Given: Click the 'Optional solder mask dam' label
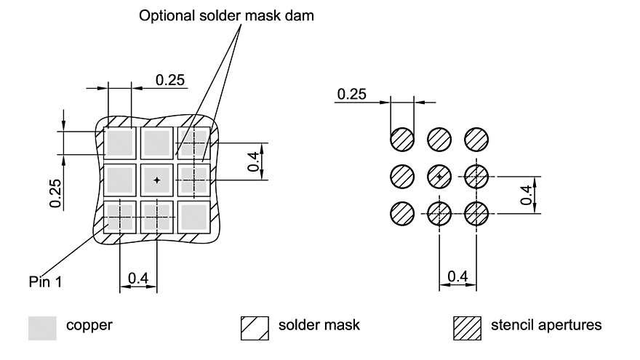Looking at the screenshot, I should tap(227, 15).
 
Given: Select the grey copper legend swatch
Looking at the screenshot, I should tap(42, 328).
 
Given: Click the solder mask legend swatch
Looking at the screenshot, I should tap(250, 328).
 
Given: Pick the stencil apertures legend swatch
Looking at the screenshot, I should tap(467, 328).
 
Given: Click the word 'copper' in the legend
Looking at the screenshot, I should tap(89, 325).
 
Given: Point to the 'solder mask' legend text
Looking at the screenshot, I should tap(319, 325).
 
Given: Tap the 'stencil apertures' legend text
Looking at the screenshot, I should tap(546, 325).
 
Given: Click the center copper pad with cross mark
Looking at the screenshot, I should tap(156, 179).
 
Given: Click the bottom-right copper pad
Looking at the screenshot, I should tap(193, 216).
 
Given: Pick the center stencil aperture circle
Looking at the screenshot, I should tap(439, 176).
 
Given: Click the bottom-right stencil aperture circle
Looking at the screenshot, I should tap(476, 213).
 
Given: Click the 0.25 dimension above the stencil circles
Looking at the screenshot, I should tap(351, 94).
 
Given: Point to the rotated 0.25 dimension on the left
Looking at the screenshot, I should tap(55, 193).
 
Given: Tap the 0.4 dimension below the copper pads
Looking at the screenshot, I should tap(138, 277).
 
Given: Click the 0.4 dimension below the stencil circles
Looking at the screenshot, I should tap(457, 276).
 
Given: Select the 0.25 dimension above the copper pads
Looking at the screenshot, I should tap(170, 80).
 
